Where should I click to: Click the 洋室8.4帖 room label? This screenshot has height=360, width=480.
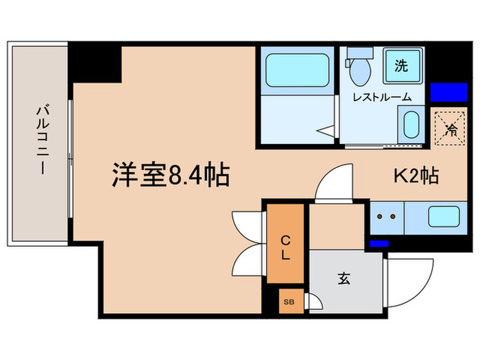[170, 176]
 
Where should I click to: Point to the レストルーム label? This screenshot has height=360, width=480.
[382, 97]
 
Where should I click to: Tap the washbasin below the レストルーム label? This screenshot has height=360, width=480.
[409, 125]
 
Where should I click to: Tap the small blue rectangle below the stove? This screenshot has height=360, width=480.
[379, 243]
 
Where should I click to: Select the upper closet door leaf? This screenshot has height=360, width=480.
[245, 224]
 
